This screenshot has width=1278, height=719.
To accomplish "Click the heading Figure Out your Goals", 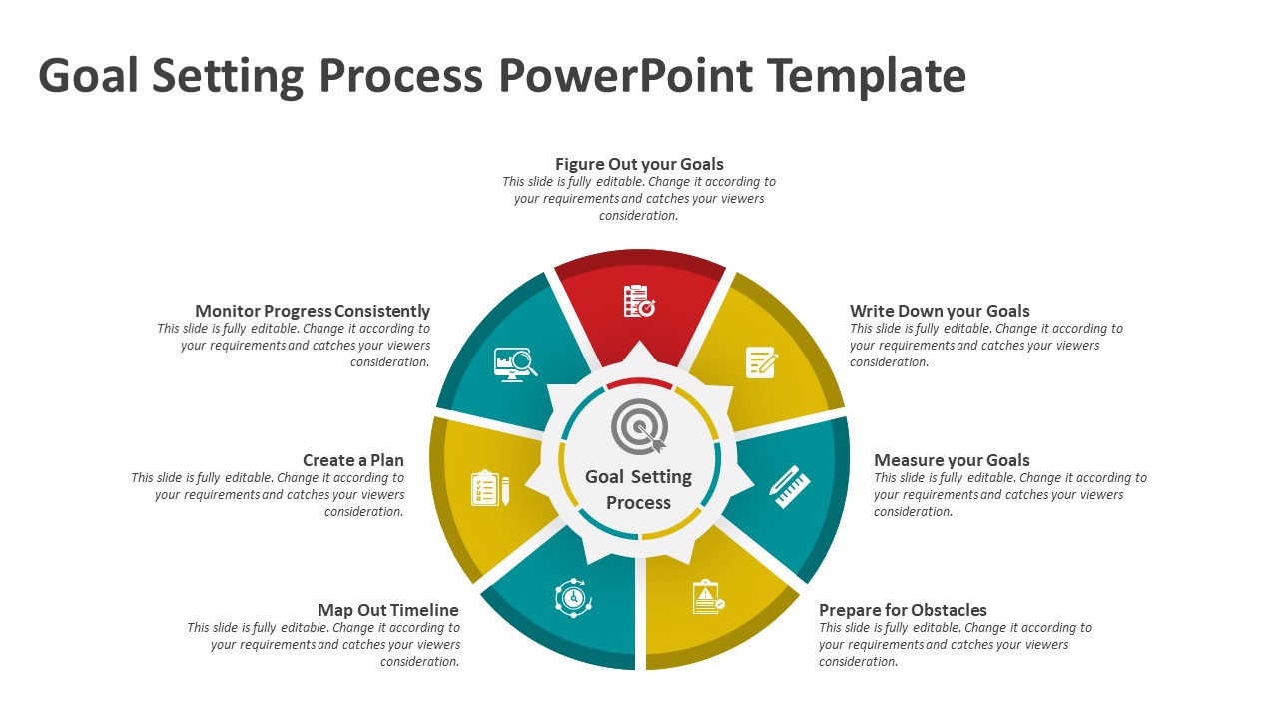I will click(639, 164).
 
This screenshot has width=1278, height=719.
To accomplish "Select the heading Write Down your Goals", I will click(940, 311).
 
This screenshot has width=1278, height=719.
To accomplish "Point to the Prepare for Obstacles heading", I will click(903, 610).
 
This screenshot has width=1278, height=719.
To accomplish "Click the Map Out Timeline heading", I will click(388, 610).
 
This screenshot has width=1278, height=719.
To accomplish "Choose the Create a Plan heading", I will click(353, 460).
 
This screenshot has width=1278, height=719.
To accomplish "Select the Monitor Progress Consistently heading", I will click(313, 311).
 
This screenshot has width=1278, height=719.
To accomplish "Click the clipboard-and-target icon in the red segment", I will click(639, 301).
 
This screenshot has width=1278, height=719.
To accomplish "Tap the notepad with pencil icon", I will click(762, 361).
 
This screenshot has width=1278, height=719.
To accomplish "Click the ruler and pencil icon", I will click(790, 482).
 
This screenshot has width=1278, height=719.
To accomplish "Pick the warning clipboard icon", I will click(708, 597).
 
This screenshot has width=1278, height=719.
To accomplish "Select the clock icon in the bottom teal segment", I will click(573, 597).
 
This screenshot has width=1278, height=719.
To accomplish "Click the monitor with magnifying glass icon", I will click(515, 363).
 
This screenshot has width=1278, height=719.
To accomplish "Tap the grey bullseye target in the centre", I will click(639, 426).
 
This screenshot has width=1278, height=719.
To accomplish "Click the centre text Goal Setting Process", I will click(639, 489).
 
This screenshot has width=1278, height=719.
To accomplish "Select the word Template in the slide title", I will click(867, 76).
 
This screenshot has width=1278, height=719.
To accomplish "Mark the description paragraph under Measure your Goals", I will click(1010, 495).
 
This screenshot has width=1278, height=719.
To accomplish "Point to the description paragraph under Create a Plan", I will click(268, 495).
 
